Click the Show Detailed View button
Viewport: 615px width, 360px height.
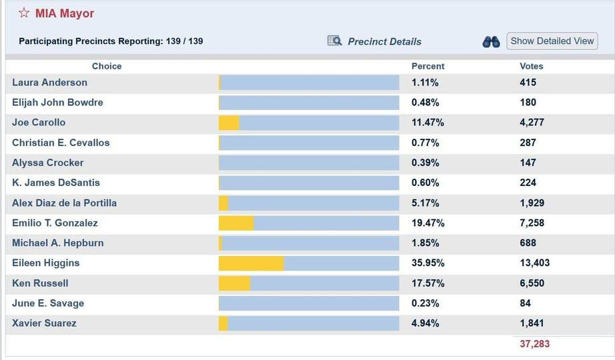552,41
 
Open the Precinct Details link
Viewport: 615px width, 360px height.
384,41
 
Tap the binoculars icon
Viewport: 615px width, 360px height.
491,41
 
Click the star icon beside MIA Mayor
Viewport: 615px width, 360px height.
24,13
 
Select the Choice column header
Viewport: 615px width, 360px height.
107,66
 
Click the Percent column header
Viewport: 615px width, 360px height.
428,66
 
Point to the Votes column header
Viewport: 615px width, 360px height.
531,66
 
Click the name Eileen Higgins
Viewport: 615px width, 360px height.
45,263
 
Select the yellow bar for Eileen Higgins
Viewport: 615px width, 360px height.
251,263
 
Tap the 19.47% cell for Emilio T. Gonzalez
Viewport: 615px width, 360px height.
428,223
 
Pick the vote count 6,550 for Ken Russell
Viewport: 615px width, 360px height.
532,283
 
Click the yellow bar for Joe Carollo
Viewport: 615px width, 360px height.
229,123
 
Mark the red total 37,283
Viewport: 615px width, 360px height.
534,343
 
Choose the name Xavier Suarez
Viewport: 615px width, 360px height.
44,323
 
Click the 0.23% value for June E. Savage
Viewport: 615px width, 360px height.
425,303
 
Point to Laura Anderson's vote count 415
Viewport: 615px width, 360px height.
528,83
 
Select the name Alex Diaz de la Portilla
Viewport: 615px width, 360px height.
64,203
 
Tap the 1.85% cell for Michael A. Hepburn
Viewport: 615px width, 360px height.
425,243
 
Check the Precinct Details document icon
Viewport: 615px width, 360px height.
334,41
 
